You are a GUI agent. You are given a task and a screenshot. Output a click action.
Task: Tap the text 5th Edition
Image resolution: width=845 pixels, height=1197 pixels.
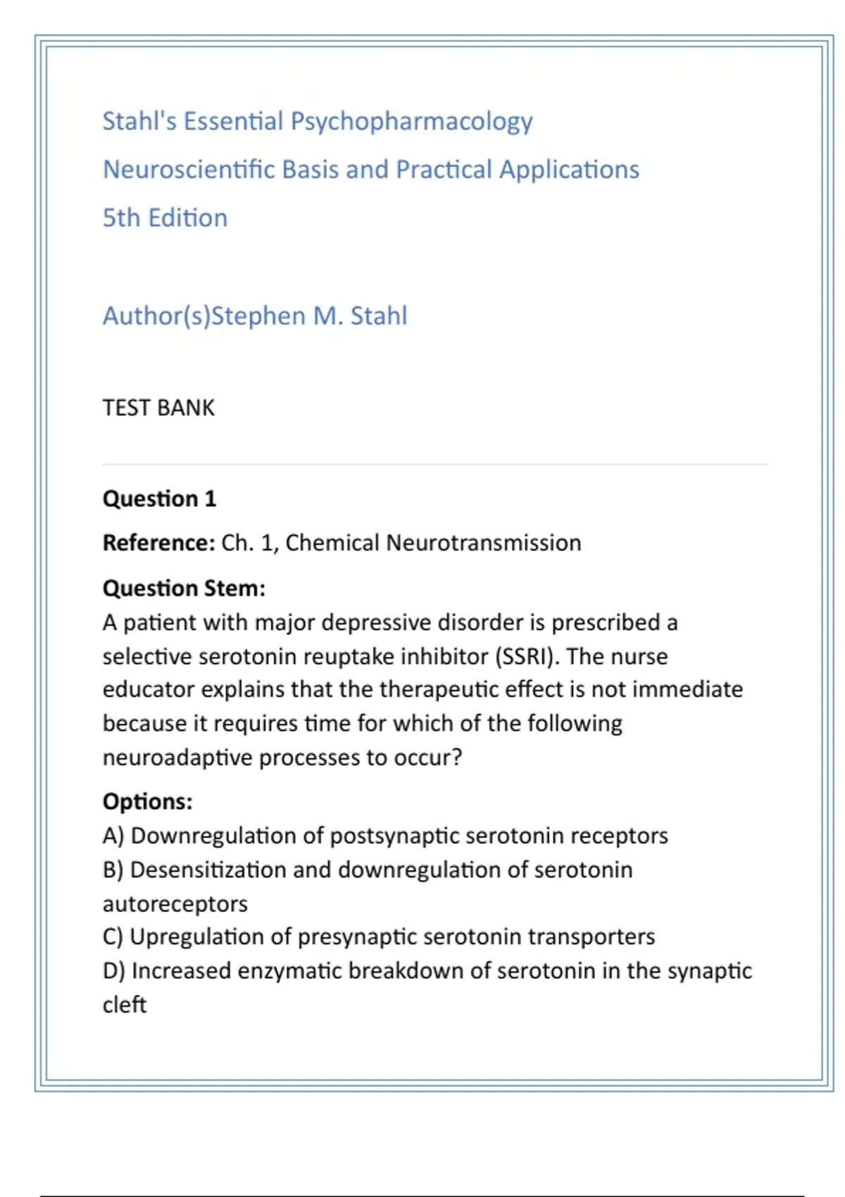coord(165,218)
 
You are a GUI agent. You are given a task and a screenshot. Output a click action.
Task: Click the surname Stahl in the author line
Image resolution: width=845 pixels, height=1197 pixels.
coord(379,316)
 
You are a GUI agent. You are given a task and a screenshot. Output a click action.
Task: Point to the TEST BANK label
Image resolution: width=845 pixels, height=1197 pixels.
coord(158,408)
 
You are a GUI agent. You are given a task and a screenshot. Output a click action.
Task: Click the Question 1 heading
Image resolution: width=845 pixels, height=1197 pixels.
coord(159,499)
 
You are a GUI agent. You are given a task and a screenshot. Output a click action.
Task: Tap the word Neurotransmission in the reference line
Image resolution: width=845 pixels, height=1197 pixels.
coord(484,543)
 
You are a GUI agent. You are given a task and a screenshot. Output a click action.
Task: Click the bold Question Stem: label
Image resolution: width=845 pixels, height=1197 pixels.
coord(184,588)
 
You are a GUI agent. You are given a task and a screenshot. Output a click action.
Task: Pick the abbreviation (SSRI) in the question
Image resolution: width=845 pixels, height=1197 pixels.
coord(527,656)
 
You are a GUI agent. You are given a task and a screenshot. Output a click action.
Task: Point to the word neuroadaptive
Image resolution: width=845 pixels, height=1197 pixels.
coord(177,758)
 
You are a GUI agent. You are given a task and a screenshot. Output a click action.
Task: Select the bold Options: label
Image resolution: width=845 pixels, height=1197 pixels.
coord(147,801)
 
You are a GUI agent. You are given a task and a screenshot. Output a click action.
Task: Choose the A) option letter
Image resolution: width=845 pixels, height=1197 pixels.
coord(113,836)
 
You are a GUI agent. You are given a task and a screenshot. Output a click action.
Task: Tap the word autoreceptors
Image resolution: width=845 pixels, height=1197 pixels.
coord(175,903)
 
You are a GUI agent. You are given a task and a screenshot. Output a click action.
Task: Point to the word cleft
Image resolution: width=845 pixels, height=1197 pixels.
coord(125,1005)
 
